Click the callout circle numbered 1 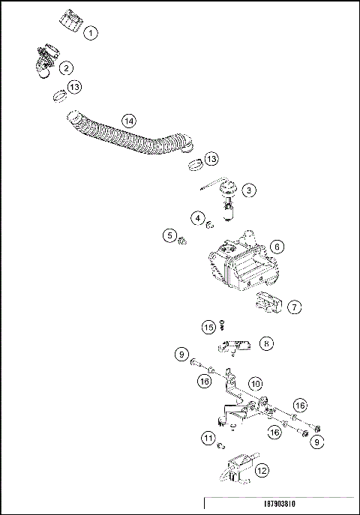(x=91, y=33)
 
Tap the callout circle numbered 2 (x=67, y=68)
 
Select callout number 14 (x=129, y=121)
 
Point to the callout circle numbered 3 (x=248, y=190)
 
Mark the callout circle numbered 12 (x=261, y=471)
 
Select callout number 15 (x=208, y=326)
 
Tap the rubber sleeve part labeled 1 (x=70, y=24)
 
